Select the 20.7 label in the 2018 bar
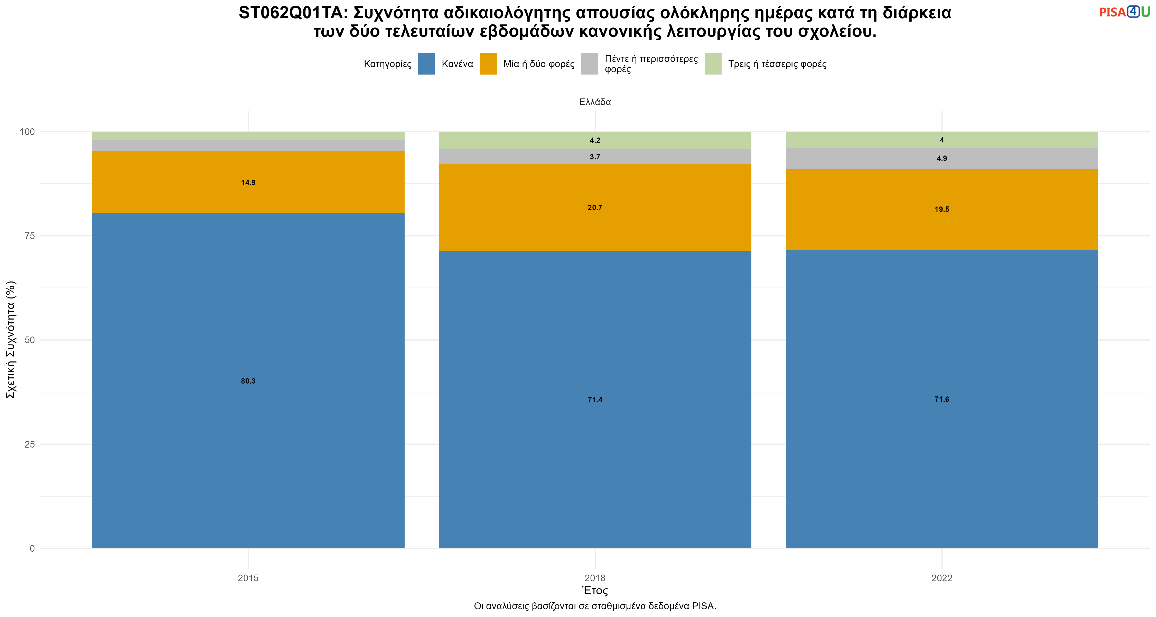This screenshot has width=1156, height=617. (x=595, y=207)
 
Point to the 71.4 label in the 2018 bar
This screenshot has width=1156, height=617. (x=595, y=400)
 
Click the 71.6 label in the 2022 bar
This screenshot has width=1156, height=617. (x=942, y=399)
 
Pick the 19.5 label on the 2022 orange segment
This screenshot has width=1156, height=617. (x=942, y=209)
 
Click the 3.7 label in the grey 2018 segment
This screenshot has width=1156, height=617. (x=595, y=157)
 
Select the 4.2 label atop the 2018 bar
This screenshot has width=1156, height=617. (x=595, y=141)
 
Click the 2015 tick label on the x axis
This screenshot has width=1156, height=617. (x=248, y=578)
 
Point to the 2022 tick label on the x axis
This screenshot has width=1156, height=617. (x=942, y=578)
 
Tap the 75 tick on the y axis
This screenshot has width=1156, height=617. (x=30, y=236)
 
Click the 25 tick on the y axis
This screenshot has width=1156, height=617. (x=30, y=444)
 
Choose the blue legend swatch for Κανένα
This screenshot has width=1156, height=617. (x=426, y=64)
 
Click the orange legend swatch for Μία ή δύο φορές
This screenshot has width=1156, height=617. (x=488, y=64)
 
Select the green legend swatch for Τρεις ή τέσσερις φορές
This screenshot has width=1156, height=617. (x=713, y=64)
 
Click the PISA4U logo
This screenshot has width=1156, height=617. (x=1125, y=12)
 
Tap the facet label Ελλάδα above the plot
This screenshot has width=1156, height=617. (x=595, y=102)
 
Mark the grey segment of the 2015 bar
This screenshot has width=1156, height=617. (x=248, y=146)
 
